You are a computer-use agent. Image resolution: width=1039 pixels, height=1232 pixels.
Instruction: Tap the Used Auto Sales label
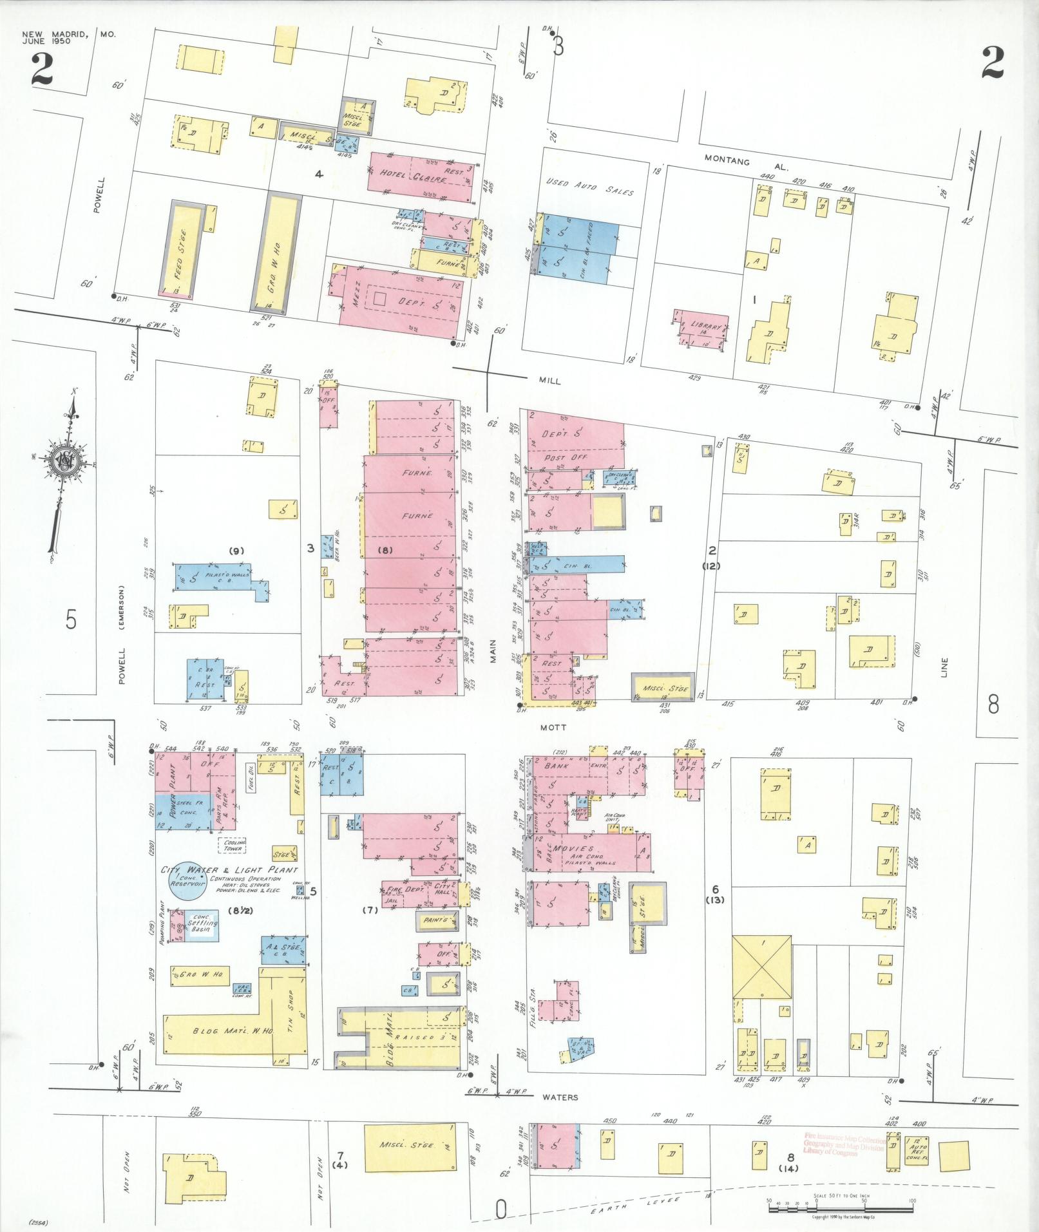pos(589,187)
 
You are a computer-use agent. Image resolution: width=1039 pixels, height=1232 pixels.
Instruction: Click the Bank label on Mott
pos(555,766)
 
